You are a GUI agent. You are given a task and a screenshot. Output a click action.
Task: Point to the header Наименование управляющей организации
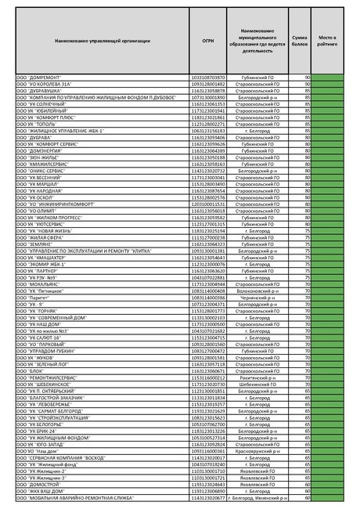coord(102,41)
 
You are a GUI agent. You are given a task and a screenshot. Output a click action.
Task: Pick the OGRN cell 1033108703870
coord(207,78)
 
